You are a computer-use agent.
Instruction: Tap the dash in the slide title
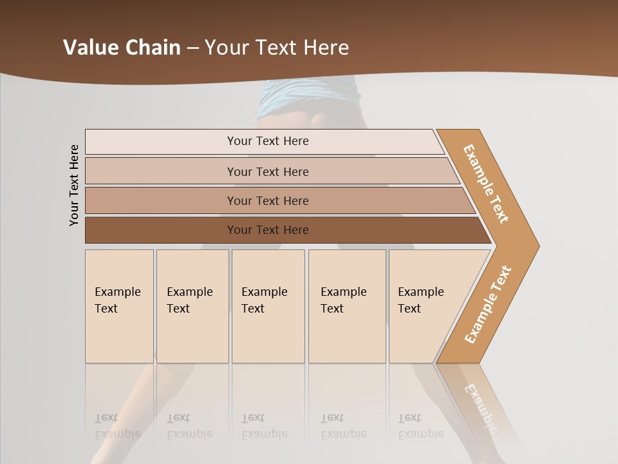tap(192, 48)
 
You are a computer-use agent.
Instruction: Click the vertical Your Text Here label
tap(74, 185)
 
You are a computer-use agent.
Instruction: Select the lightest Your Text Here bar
tap(268, 141)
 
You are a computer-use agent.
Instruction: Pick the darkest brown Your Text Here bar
tap(268, 230)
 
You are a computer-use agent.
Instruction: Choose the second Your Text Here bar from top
tap(268, 171)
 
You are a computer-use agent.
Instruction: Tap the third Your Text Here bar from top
tap(268, 200)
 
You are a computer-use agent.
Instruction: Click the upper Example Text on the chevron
tap(486, 184)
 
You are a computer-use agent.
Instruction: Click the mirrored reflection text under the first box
tap(118, 426)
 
